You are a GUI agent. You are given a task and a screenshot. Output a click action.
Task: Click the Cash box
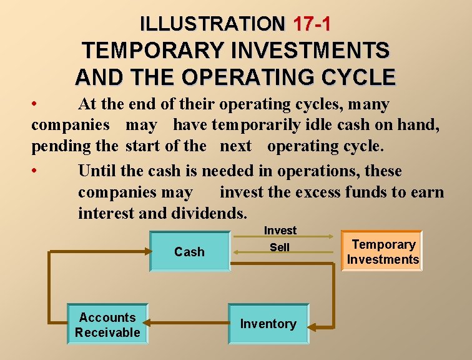click(189, 252)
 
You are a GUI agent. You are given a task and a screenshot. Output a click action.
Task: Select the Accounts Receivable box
click(107, 325)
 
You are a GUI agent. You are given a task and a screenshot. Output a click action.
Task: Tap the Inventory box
click(268, 324)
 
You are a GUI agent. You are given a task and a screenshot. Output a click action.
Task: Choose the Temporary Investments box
click(382, 252)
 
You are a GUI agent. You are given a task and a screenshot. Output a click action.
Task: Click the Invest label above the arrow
click(280, 231)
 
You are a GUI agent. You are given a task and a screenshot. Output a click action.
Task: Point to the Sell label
click(280, 247)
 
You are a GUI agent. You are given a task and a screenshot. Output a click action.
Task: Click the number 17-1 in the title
click(312, 24)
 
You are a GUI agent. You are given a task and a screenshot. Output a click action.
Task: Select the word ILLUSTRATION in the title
click(212, 24)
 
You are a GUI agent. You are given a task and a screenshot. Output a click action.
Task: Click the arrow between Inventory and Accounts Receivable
click(187, 325)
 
